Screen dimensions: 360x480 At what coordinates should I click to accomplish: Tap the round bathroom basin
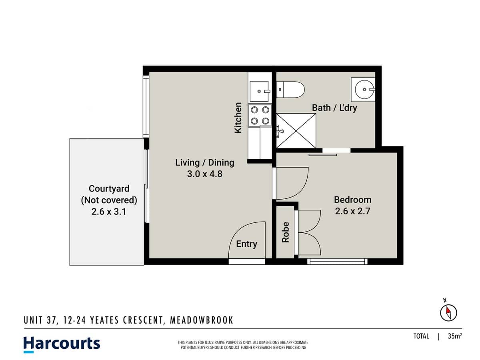364,90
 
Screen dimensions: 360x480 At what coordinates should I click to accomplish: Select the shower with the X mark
296,131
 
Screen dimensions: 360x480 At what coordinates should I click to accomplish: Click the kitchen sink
260,92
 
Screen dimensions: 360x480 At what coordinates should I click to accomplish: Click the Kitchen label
238,118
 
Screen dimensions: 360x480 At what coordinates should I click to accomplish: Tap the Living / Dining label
204,162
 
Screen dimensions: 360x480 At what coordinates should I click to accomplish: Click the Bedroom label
352,199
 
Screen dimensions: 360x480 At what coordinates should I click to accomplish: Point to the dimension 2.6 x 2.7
352,211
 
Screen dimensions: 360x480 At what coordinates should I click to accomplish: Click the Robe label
285,232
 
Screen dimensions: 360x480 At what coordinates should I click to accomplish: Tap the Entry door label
246,244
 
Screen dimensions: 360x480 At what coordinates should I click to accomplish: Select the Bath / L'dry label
334,108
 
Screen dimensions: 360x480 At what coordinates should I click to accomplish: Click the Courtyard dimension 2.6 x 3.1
108,212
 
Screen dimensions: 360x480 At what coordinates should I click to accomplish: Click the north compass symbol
448,312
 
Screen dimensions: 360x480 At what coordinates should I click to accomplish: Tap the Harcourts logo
62,344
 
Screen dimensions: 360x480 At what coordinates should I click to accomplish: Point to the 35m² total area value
455,336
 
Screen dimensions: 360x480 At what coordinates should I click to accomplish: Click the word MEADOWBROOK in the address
202,320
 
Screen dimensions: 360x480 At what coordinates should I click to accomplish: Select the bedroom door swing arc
292,183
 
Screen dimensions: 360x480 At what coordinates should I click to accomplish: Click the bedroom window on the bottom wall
337,262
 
